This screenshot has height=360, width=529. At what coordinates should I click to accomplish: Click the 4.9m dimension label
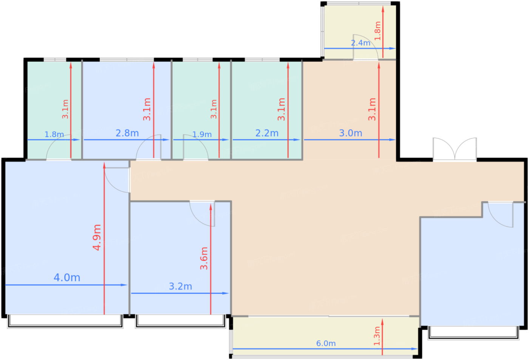[97, 237]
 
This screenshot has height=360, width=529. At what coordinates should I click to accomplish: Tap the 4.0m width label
[67, 278]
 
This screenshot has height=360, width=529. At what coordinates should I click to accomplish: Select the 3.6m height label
[204, 258]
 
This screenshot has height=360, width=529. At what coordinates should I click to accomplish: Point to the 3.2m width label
[181, 286]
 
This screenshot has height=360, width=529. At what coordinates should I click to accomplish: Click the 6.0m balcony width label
[326, 343]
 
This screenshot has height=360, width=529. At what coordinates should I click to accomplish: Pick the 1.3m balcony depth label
[377, 336]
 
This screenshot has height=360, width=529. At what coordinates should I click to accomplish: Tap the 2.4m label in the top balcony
[360, 43]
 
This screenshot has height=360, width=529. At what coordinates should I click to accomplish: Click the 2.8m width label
[127, 133]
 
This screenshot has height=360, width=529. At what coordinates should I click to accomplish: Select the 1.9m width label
[202, 134]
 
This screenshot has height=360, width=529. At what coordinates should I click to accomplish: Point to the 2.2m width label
[267, 133]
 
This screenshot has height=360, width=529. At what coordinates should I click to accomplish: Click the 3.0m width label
[351, 133]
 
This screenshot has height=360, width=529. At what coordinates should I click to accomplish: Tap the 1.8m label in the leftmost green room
[54, 134]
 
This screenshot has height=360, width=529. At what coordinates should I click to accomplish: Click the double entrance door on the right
[455, 149]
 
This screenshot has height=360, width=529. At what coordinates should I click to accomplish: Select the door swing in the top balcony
[365, 47]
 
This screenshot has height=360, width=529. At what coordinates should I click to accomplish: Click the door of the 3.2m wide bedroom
[202, 214]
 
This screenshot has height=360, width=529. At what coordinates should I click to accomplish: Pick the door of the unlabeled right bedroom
[501, 214]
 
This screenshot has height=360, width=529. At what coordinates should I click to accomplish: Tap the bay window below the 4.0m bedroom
[65, 321]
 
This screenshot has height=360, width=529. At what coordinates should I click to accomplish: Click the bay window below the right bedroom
[474, 333]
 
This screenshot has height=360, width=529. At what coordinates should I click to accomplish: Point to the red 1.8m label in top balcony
[377, 31]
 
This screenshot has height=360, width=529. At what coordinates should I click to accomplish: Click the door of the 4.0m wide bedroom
[117, 180]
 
